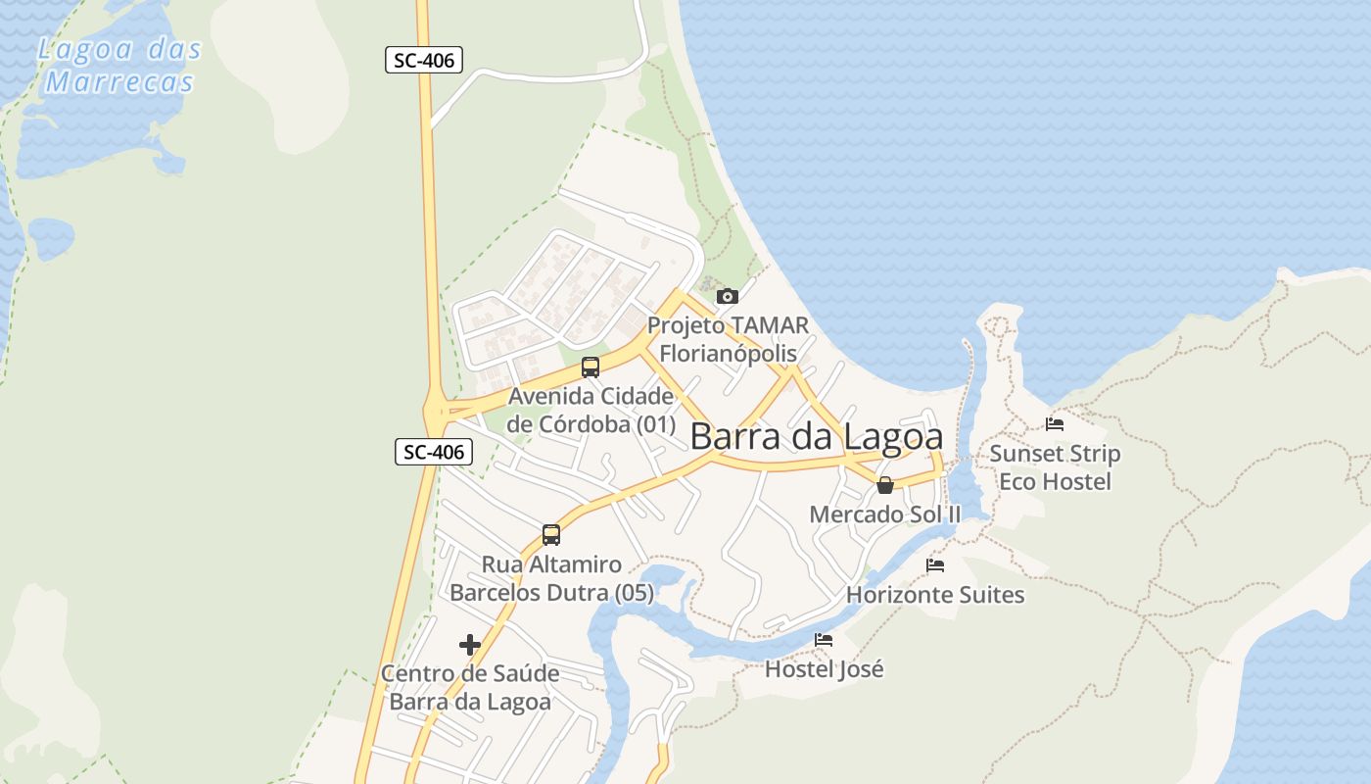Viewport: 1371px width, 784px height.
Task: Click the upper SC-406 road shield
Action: pos(423,60)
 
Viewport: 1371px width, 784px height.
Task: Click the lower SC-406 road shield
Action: pos(434,452)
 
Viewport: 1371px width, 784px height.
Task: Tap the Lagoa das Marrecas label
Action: pos(119,66)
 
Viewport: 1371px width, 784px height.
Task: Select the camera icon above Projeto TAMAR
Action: pos(727,296)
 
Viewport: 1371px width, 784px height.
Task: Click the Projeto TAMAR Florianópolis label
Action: pos(729,338)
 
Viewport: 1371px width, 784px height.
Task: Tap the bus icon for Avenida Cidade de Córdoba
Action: pos(590,367)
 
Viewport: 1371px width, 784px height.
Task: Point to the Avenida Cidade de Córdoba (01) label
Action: pos(591,411)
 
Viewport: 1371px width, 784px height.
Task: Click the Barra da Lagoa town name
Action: pos(817,437)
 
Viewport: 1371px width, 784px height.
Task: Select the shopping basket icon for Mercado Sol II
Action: pos(885,485)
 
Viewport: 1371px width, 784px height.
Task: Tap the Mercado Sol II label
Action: pos(885,514)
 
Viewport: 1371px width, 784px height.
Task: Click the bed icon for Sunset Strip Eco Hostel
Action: pos(1055,424)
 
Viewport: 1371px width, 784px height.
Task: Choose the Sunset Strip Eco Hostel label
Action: pos(1055,467)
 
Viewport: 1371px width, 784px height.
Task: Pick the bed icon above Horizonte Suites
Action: pos(935,565)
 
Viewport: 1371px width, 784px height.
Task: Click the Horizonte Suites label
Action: pos(935,595)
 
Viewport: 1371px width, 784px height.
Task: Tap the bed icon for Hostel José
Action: pos(824,640)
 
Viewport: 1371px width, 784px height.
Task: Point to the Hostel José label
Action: pos(824,669)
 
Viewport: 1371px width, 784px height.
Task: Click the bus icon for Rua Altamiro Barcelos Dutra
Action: pos(551,535)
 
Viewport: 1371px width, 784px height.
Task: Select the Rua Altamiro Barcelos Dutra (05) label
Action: pos(551,578)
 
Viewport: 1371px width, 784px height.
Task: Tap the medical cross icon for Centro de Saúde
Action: pos(470,645)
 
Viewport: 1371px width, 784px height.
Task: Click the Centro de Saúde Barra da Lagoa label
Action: pos(470,688)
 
